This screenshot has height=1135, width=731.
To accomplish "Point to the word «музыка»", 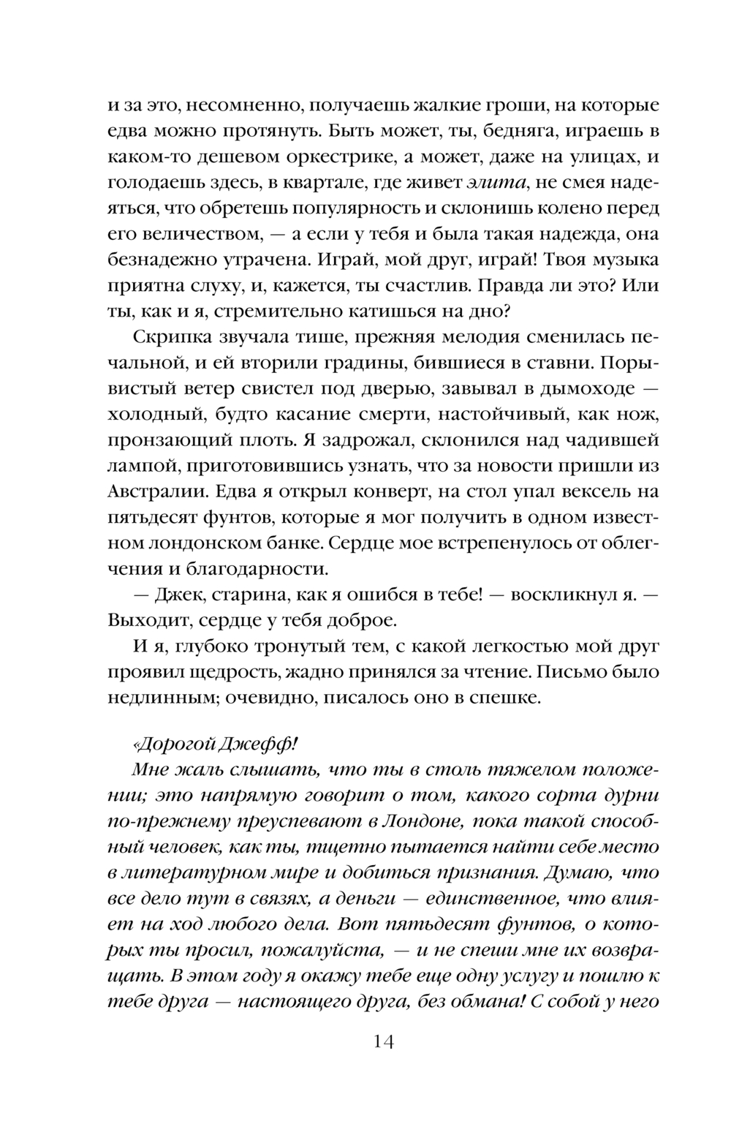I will coord(621,260).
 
